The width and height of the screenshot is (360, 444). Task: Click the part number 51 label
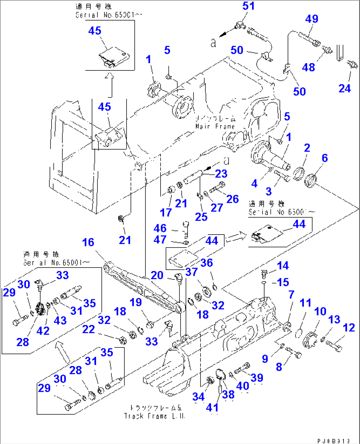click(x=248, y=6)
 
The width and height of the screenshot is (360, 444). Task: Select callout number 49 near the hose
click(x=311, y=19)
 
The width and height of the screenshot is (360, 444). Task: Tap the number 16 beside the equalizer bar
click(x=88, y=242)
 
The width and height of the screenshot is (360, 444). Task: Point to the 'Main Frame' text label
click(x=215, y=127)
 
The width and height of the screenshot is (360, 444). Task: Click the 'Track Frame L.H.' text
click(x=154, y=416)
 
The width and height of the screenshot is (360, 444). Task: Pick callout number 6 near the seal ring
click(x=325, y=158)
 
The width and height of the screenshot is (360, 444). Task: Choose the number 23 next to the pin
click(x=221, y=174)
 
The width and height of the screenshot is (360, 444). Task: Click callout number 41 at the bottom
click(x=212, y=408)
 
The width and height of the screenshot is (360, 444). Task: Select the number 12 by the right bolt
click(x=349, y=328)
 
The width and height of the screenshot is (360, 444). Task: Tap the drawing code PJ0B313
click(x=334, y=441)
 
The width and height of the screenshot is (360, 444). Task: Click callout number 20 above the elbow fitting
click(x=157, y=275)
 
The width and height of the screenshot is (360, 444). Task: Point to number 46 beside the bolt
click(x=160, y=228)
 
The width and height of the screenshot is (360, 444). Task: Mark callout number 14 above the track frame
click(x=283, y=266)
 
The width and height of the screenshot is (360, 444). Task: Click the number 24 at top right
click(x=344, y=89)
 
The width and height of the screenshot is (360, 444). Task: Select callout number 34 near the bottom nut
click(x=198, y=397)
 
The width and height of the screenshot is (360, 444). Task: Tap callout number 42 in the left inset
click(x=43, y=331)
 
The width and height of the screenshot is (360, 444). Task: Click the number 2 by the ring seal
click(x=307, y=148)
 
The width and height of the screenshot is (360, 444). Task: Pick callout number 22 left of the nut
click(x=88, y=329)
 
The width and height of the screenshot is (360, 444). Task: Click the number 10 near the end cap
click(x=320, y=312)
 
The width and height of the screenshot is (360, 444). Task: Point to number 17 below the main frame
click(x=166, y=212)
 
